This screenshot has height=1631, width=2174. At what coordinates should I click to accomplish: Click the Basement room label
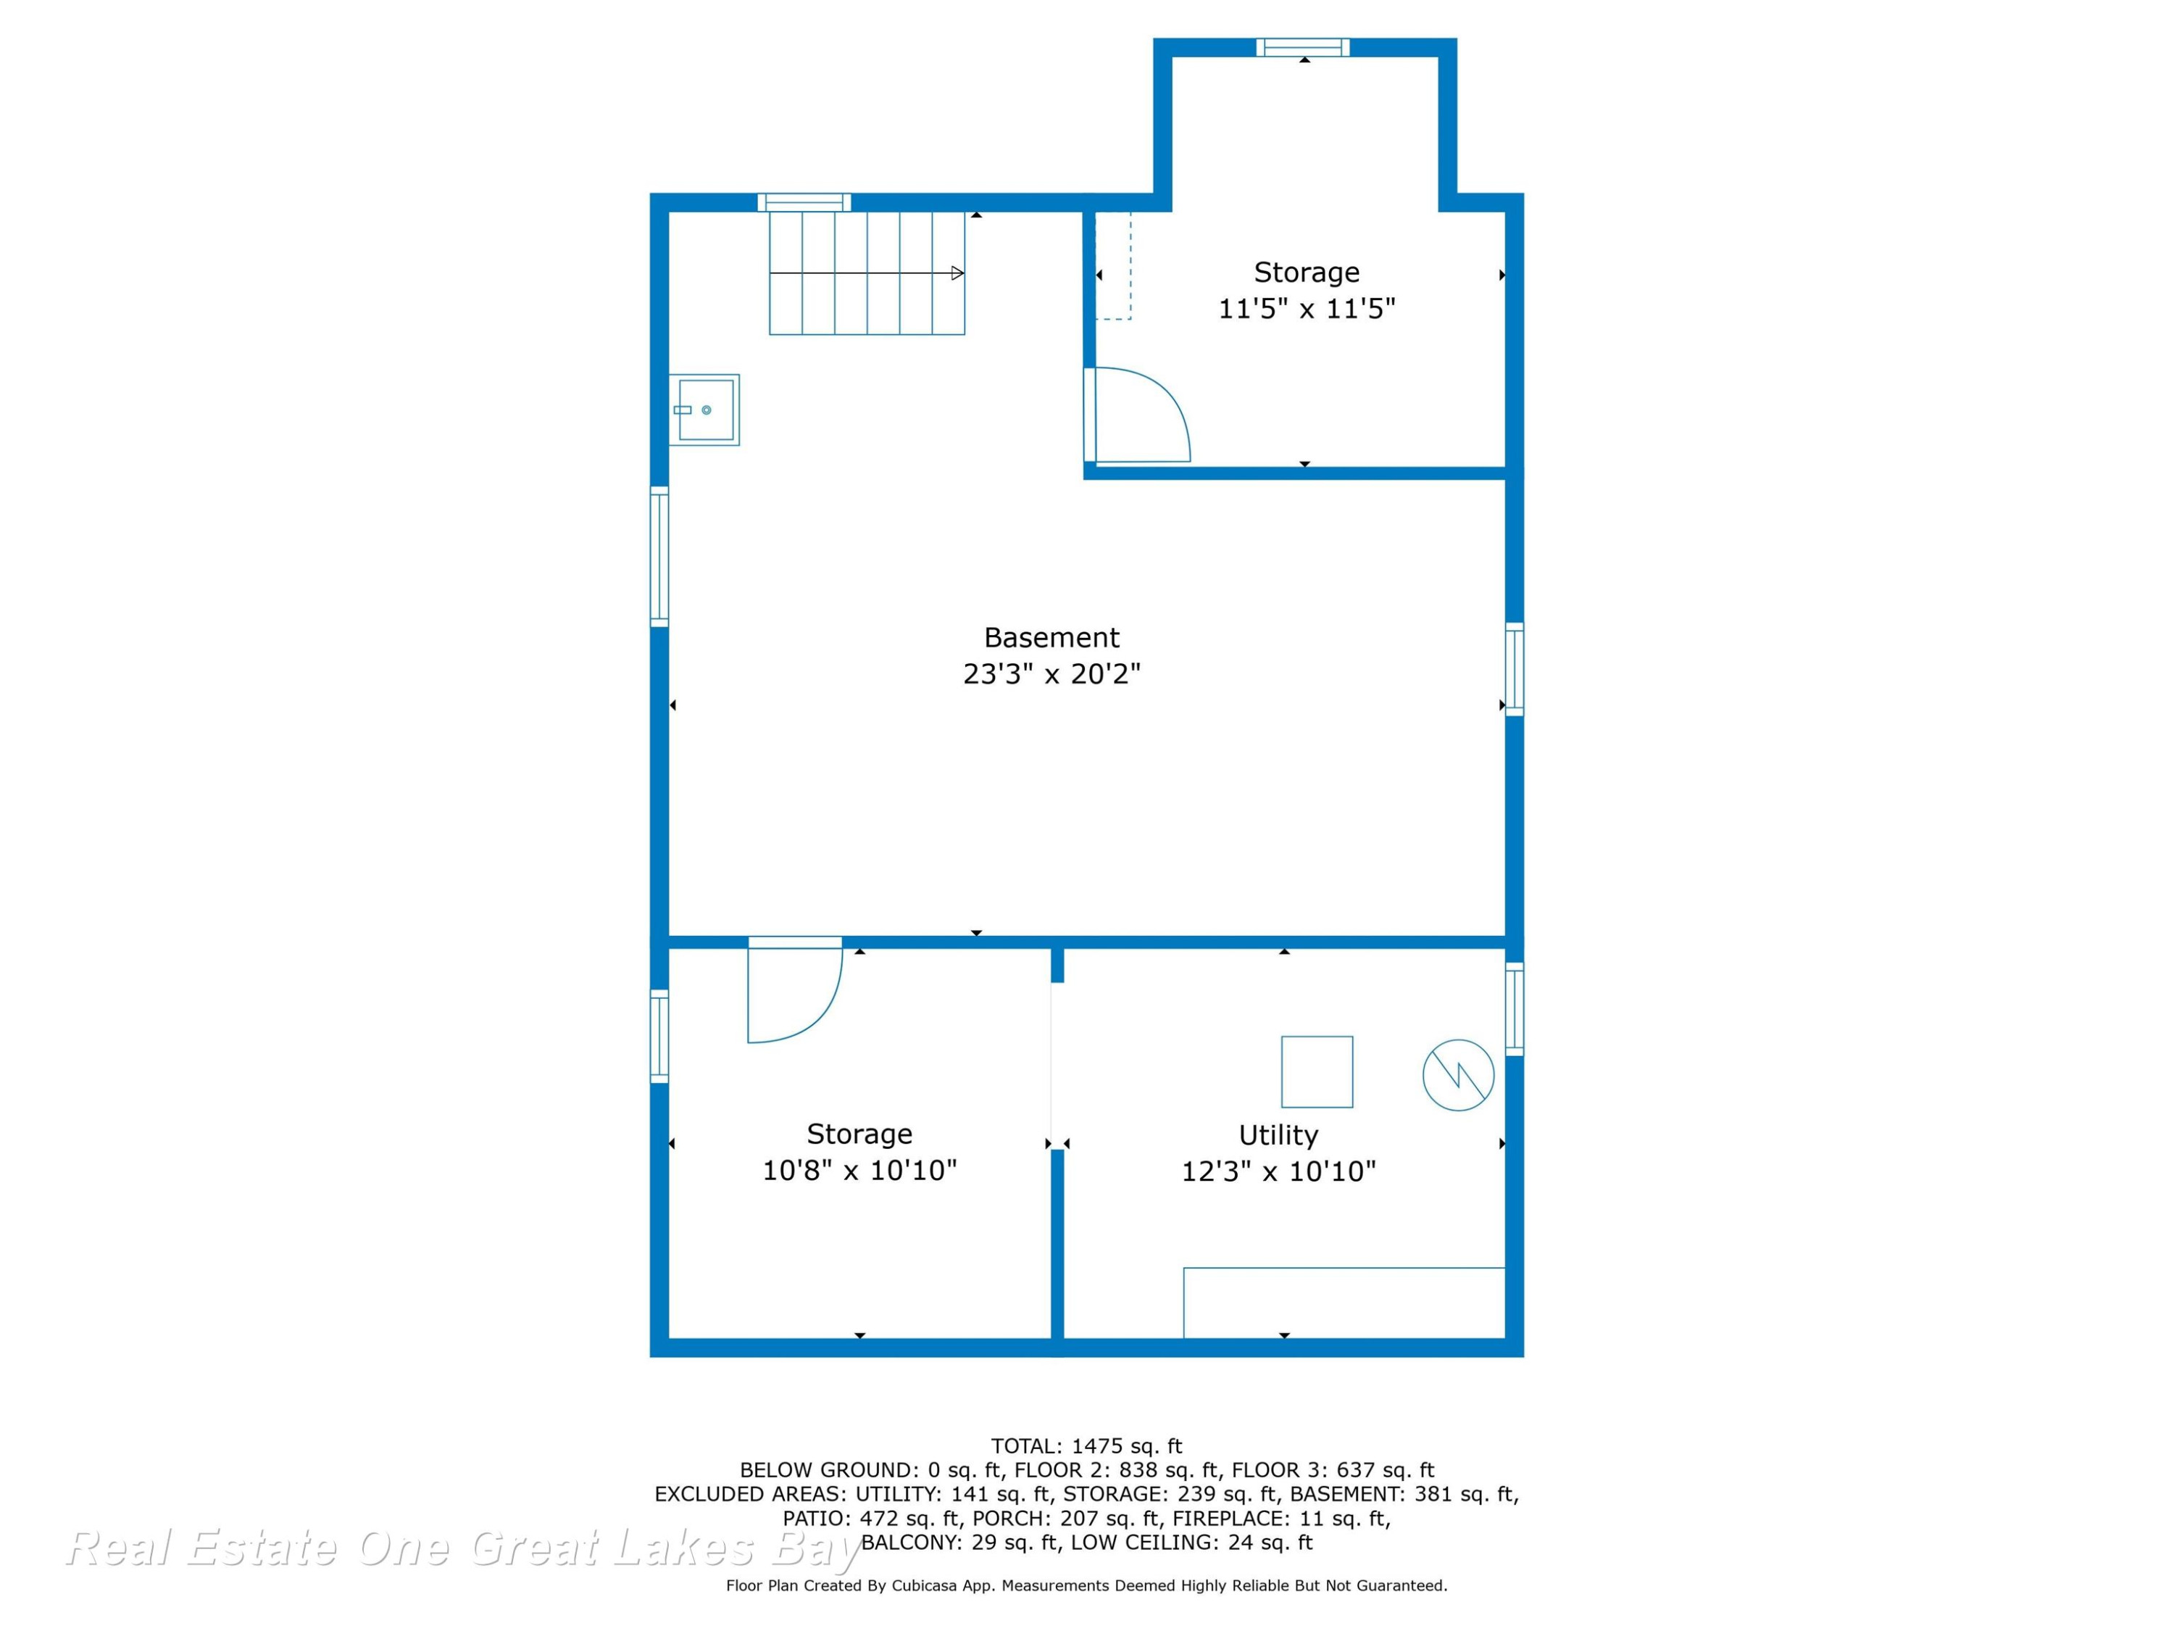coord(1051,638)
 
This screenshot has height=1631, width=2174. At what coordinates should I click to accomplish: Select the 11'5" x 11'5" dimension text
coord(1306,309)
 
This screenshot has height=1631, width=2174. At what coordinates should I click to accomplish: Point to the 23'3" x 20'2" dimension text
coord(1051,674)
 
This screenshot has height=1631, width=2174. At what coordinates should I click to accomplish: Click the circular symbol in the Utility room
coord(1459,1076)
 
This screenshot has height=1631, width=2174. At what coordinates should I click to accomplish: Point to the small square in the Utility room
coord(1317,1071)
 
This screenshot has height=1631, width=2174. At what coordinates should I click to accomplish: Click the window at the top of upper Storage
coord(1303,47)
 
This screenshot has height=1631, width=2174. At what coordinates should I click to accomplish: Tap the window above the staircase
coord(804,202)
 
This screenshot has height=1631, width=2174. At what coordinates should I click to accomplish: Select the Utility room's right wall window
coord(1515,1009)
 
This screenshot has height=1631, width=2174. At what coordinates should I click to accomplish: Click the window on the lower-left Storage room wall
coord(659,1036)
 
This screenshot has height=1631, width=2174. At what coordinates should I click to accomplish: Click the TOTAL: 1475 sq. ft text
coord(1087,1446)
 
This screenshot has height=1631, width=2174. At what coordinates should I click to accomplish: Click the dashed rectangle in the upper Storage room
coord(1114,265)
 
